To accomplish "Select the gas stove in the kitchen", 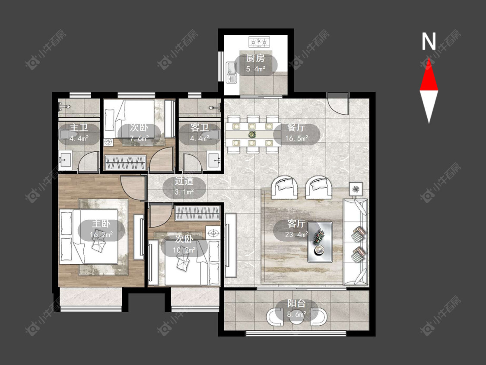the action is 259,41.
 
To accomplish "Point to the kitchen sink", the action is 231,73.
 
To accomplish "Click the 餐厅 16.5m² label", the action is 296,133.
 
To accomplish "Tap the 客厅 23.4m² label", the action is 296,229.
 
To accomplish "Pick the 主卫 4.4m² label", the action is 79,133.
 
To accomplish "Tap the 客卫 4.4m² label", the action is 199,133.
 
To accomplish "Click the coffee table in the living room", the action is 320,242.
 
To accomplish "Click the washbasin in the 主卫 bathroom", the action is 65,160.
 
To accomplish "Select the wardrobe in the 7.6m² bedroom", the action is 125,162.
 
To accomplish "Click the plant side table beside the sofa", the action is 356,189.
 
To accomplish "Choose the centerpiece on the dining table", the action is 251,134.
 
